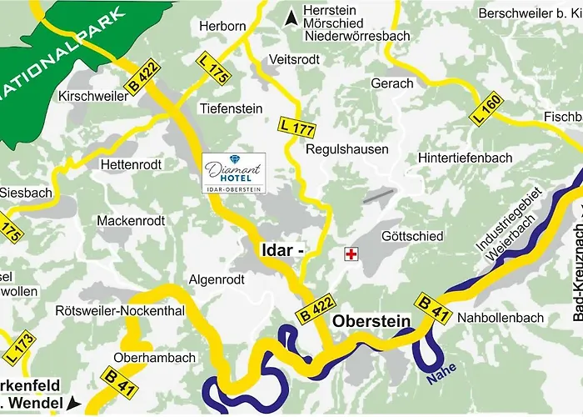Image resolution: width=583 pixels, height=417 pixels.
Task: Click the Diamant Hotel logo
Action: (x=235, y=173)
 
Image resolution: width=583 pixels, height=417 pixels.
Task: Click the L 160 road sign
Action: (x=488, y=109)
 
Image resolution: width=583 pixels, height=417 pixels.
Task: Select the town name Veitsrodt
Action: (x=295, y=59)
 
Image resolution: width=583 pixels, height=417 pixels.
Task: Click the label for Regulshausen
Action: (x=347, y=149)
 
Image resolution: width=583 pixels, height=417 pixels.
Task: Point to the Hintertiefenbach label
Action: (x=467, y=157)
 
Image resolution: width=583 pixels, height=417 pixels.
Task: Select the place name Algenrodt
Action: (x=217, y=279)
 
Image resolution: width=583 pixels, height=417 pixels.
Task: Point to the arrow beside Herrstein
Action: (x=291, y=16)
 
